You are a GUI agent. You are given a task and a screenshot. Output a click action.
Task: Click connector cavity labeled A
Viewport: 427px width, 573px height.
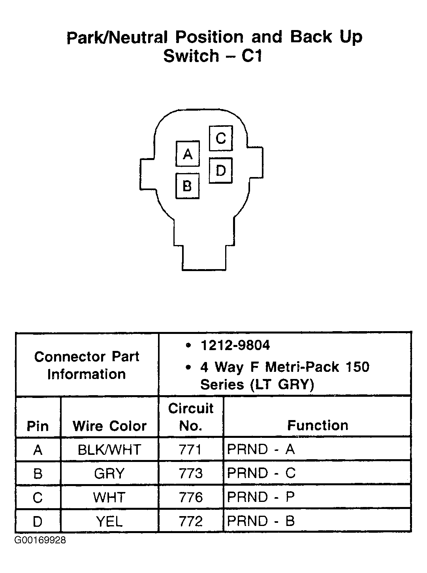(187, 154)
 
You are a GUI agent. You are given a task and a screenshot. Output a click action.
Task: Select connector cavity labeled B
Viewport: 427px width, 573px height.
(187, 185)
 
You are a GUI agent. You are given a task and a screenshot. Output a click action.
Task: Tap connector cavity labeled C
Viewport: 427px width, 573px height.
(220, 138)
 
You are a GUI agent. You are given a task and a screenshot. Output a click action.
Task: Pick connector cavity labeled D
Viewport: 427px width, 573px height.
(220, 170)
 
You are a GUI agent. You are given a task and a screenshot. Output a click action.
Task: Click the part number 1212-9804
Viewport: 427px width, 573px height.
(235, 345)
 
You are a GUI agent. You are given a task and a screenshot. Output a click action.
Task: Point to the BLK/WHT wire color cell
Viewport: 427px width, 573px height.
(109, 450)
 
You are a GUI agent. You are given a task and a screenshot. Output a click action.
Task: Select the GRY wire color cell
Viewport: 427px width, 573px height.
(109, 473)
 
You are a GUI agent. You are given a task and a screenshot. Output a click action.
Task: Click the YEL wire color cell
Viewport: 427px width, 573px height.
(109, 521)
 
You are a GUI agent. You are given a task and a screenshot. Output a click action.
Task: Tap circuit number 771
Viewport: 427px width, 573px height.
(190, 450)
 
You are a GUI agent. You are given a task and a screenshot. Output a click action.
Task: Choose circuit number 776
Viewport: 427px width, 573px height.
(190, 497)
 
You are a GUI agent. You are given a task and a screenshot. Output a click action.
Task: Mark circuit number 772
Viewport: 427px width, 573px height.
(190, 521)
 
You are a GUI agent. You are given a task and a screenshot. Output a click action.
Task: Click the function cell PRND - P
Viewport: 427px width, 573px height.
(261, 497)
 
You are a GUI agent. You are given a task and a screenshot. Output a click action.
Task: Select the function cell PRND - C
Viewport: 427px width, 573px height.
(261, 473)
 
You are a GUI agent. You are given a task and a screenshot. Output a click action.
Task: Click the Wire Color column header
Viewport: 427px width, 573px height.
(109, 426)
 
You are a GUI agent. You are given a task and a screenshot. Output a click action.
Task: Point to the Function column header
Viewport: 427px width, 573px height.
(318, 425)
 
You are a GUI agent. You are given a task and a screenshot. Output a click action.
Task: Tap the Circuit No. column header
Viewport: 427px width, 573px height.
(190, 417)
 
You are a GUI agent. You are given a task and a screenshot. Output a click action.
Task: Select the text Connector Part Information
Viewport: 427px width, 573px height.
(87, 365)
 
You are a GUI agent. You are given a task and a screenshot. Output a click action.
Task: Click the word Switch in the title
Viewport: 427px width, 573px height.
(191, 56)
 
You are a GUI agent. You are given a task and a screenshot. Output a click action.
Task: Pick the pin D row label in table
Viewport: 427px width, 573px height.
(38, 521)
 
